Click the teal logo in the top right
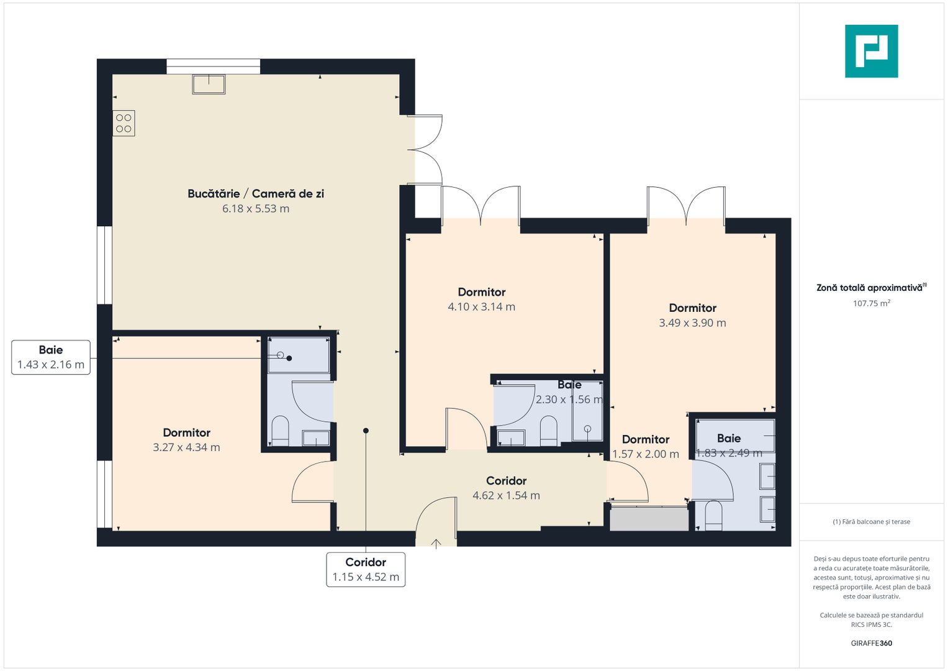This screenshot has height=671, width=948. pyautogui.click(x=871, y=51)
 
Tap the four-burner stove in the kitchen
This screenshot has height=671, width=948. pyautogui.click(x=124, y=123)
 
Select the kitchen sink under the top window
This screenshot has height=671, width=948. pyautogui.click(x=209, y=84)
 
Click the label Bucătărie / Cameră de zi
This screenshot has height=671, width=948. pyautogui.click(x=256, y=193)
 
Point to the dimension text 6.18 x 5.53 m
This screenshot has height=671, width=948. pyautogui.click(x=256, y=209)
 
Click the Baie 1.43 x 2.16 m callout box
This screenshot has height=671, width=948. pyautogui.click(x=51, y=357)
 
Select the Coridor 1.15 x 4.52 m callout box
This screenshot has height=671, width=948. pyautogui.click(x=366, y=569)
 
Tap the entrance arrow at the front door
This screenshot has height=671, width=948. pyautogui.click(x=436, y=544)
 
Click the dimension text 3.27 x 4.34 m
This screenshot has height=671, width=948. pyautogui.click(x=186, y=447)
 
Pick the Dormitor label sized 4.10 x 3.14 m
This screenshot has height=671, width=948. pyautogui.click(x=482, y=292)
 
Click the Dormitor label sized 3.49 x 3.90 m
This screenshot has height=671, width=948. pyautogui.click(x=693, y=308)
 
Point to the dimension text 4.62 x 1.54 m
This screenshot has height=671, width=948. pyautogui.click(x=506, y=496)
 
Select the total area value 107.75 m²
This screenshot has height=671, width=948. pyautogui.click(x=871, y=304)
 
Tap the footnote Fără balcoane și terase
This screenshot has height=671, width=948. pyautogui.click(x=871, y=522)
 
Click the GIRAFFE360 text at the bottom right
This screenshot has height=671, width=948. pyautogui.click(x=871, y=643)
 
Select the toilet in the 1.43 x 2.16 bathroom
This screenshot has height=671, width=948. pyautogui.click(x=281, y=430)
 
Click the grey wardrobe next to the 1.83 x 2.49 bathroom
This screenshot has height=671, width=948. pyautogui.click(x=649, y=519)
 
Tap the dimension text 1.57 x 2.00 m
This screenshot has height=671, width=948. pyautogui.click(x=646, y=454)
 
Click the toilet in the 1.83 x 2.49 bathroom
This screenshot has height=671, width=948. pyautogui.click(x=714, y=516)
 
